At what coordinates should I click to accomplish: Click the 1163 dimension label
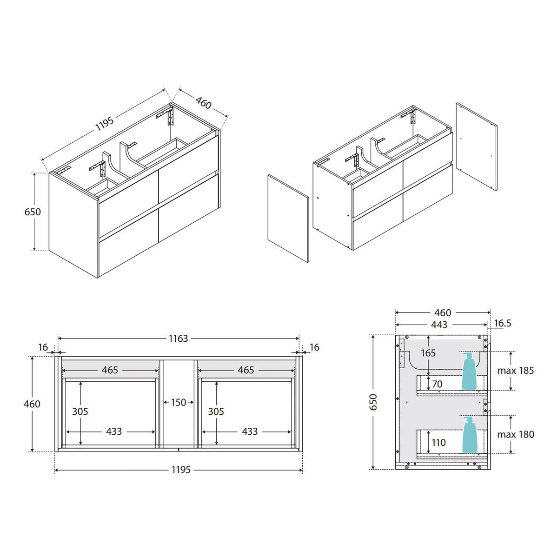[x=179, y=338]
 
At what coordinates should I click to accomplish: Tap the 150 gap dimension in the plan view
[x=179, y=402]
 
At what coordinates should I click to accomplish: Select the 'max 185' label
[x=515, y=370]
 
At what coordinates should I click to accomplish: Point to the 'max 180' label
[x=515, y=434]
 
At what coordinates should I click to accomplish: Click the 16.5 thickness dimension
[x=503, y=323]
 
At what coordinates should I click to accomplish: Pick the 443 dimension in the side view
[x=439, y=325]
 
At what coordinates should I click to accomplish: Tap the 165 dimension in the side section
[x=428, y=353]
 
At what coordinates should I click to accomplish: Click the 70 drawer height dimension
[x=437, y=384]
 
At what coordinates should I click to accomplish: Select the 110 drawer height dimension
[x=438, y=443]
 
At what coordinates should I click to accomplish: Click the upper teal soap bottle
[x=469, y=371]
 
